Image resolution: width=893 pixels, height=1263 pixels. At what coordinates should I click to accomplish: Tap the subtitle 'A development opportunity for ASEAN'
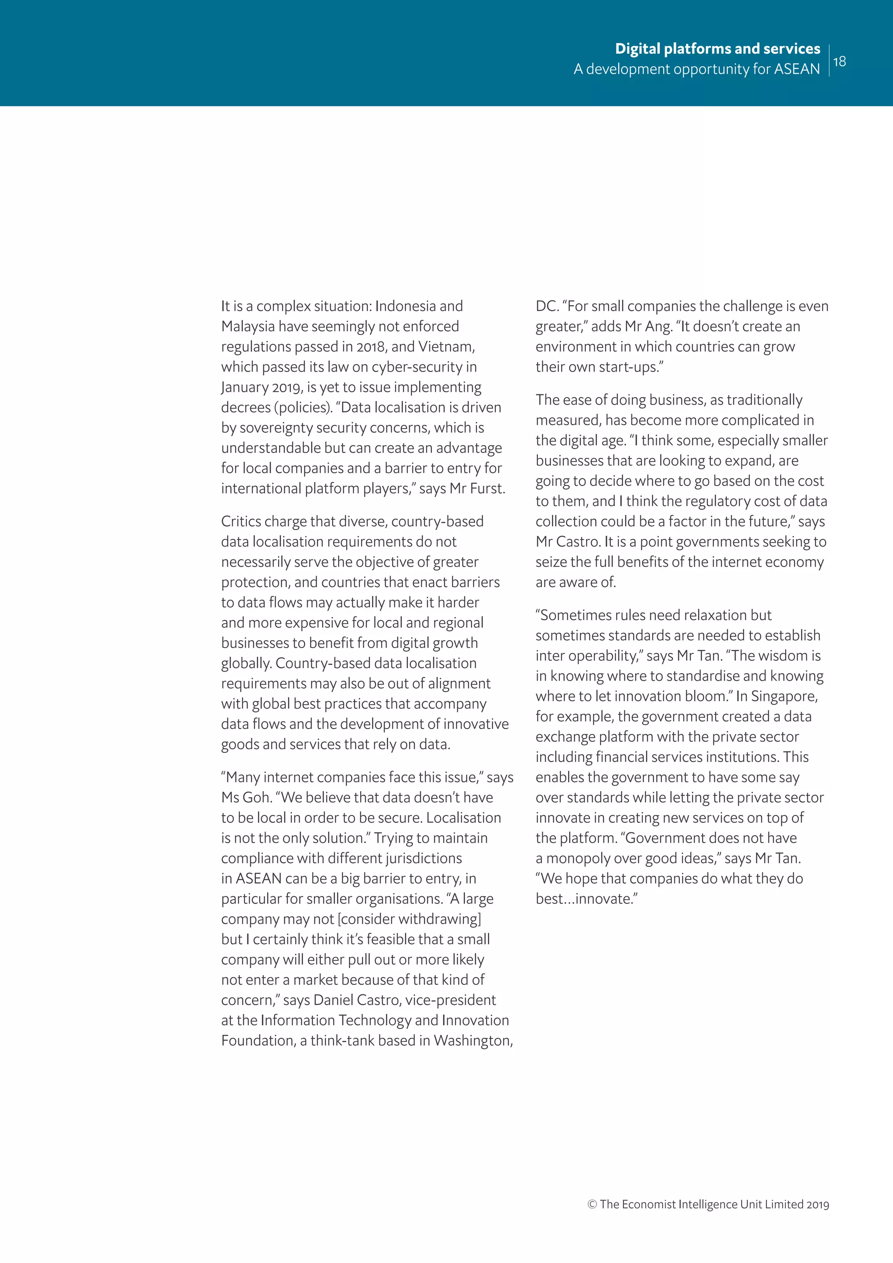point(696,69)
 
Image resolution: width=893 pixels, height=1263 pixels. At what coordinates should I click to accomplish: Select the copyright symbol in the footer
point(592,1204)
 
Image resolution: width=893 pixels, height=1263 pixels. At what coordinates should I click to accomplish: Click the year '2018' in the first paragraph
point(371,347)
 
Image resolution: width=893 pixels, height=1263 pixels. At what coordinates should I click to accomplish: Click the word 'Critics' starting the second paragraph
point(241,522)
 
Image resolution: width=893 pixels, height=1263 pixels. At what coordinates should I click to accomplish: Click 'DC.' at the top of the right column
point(547,307)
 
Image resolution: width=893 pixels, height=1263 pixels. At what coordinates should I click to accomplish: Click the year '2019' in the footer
point(818,1205)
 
